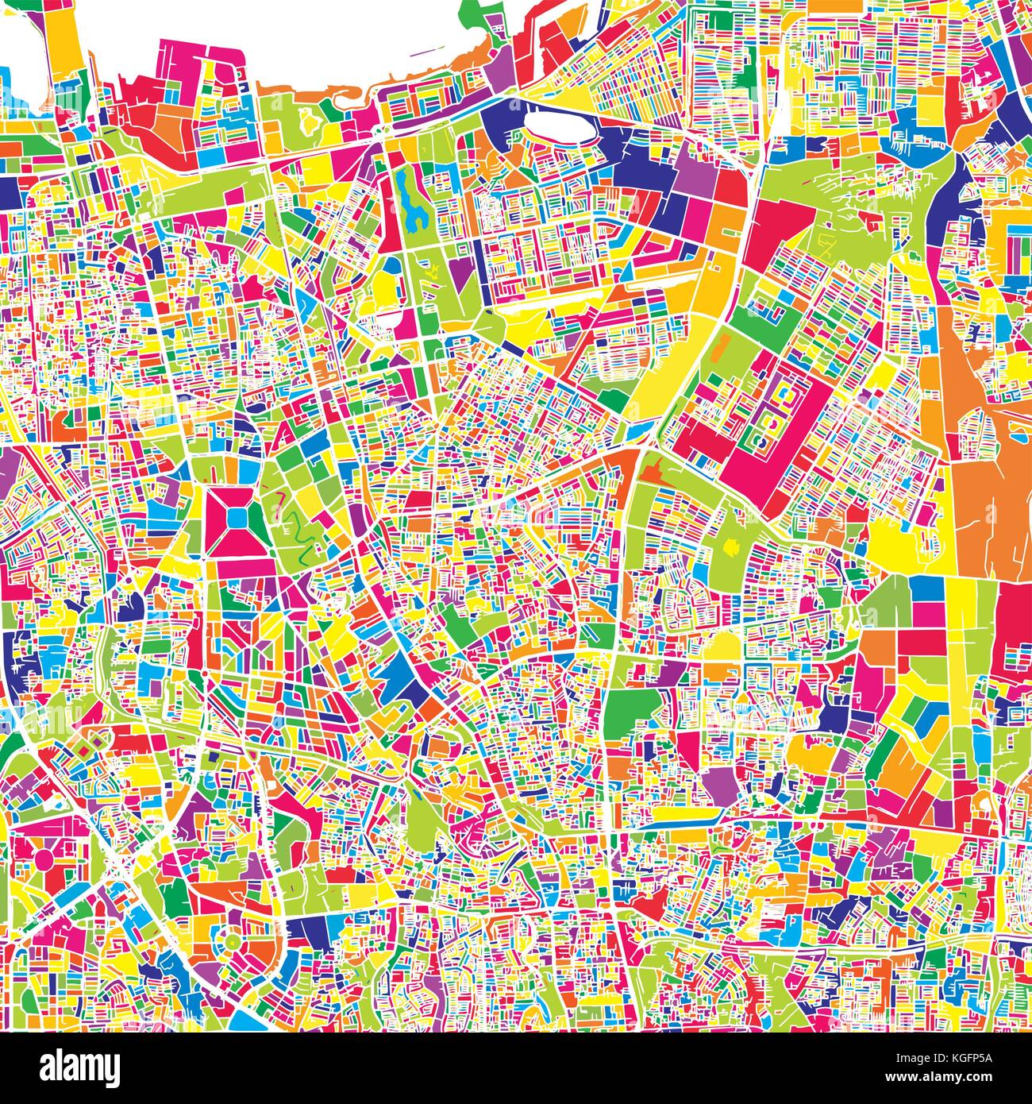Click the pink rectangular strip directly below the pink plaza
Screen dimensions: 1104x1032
(237, 567)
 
